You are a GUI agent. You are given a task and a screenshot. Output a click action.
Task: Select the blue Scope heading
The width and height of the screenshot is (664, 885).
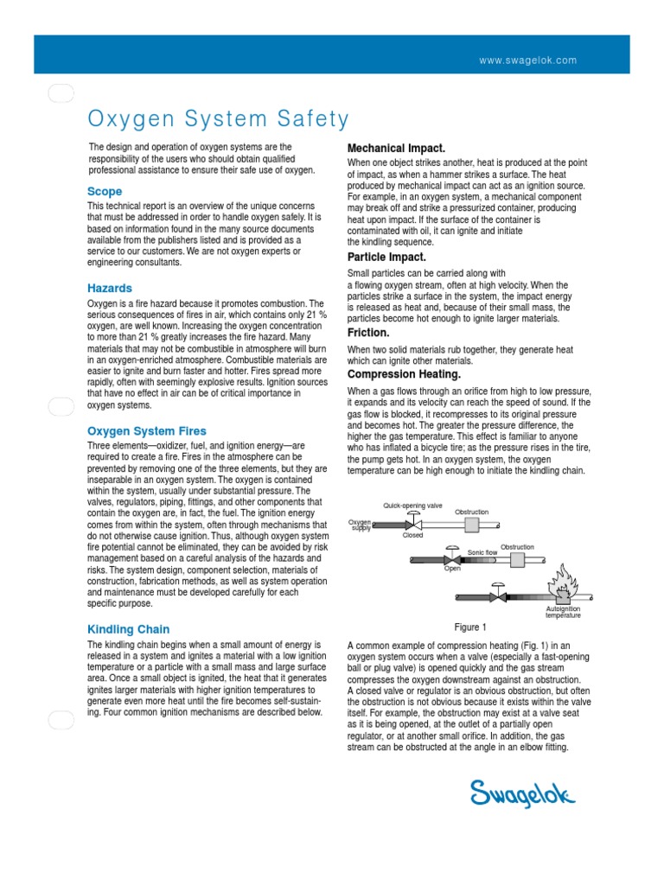(105, 191)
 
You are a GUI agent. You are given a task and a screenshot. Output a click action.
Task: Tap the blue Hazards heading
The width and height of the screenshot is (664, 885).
(110, 288)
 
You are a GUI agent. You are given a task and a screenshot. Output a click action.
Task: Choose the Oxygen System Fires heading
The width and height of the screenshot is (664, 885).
(147, 430)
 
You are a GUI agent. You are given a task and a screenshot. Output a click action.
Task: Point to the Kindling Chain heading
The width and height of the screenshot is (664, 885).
(129, 629)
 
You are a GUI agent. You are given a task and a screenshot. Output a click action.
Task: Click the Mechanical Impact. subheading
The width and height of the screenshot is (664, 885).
(396, 148)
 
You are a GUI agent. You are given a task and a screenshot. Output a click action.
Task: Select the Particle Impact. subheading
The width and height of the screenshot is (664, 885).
(386, 257)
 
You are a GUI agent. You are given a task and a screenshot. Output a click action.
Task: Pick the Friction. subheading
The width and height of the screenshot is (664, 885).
(368, 332)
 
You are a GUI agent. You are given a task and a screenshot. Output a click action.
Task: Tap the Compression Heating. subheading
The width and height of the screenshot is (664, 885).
(404, 374)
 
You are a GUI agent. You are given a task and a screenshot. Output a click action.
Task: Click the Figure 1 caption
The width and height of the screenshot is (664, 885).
(470, 627)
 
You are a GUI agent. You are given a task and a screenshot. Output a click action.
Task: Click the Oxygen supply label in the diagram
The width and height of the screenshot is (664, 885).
(360, 525)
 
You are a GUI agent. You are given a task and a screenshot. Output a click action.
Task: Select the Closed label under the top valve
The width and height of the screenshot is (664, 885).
(413, 536)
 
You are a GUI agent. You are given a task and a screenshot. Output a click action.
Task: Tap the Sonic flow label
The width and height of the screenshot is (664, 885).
(482, 551)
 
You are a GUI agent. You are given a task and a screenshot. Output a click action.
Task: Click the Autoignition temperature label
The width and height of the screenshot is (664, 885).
(563, 612)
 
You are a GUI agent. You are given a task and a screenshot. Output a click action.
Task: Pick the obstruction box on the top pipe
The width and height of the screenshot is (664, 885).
(471, 525)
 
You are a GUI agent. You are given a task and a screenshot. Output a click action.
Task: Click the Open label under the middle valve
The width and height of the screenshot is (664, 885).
(452, 570)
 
